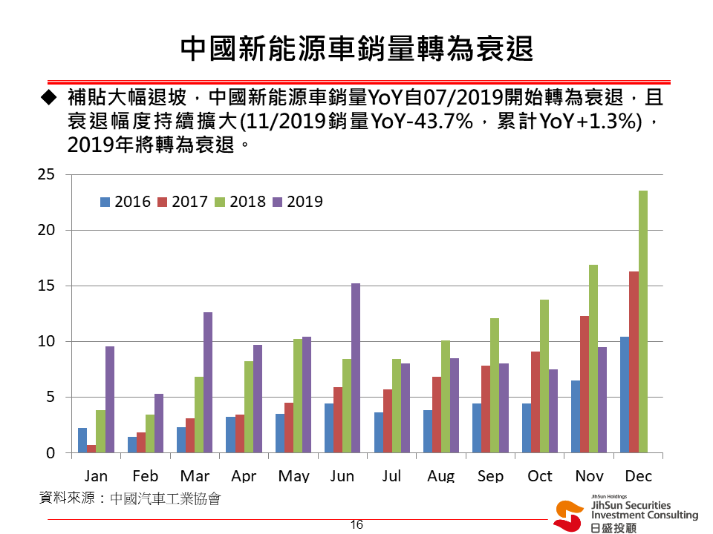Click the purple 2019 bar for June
click(x=356, y=368)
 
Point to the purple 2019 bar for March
click(x=208, y=383)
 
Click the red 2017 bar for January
click(x=91, y=449)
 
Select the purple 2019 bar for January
click(x=110, y=399)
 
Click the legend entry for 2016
click(x=126, y=201)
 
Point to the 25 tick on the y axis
click(x=46, y=174)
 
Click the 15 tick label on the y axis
click(x=46, y=286)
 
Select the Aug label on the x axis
click(x=440, y=476)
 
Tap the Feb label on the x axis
click(x=146, y=476)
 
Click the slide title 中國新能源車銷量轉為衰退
click(x=357, y=49)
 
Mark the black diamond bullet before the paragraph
click(x=49, y=97)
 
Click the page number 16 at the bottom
click(x=356, y=525)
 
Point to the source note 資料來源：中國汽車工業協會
click(x=130, y=498)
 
